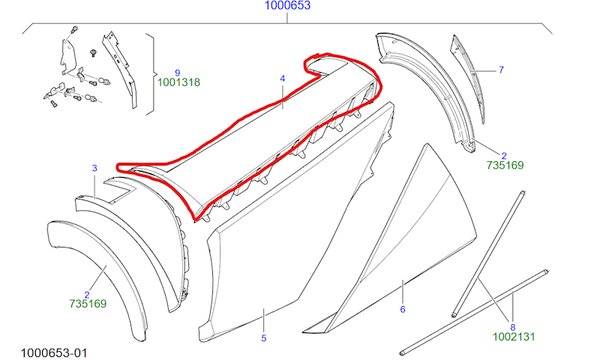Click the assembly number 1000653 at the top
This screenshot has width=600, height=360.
tap(287, 5)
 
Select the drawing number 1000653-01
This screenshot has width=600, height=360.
tap(54, 352)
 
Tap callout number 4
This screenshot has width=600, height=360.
tap(283, 79)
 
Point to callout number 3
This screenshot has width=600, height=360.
tap(94, 168)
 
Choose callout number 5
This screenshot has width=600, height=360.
tap(264, 338)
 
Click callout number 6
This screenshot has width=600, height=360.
tap(403, 309)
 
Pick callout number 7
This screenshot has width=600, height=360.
tap(501, 70)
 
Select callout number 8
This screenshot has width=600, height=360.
tap(513, 327)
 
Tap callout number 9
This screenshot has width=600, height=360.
tap(178, 73)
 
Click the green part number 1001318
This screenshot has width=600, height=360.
tap(178, 82)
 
